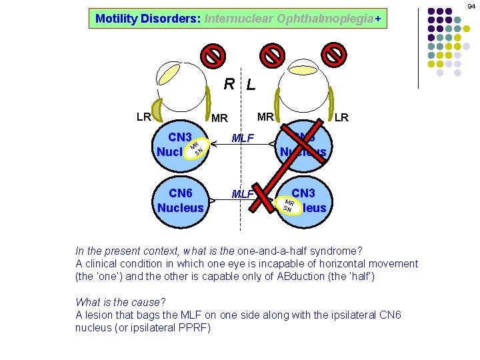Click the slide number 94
[471, 6]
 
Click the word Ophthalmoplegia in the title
[327, 19]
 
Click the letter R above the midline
[229, 84]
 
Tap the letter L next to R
[250, 85]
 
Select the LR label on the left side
[143, 117]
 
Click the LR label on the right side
[341, 117]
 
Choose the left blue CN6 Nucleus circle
[180, 200]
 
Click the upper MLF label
[243, 139]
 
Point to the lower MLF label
[242, 195]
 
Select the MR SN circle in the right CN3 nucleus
[289, 205]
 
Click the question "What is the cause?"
[121, 302]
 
